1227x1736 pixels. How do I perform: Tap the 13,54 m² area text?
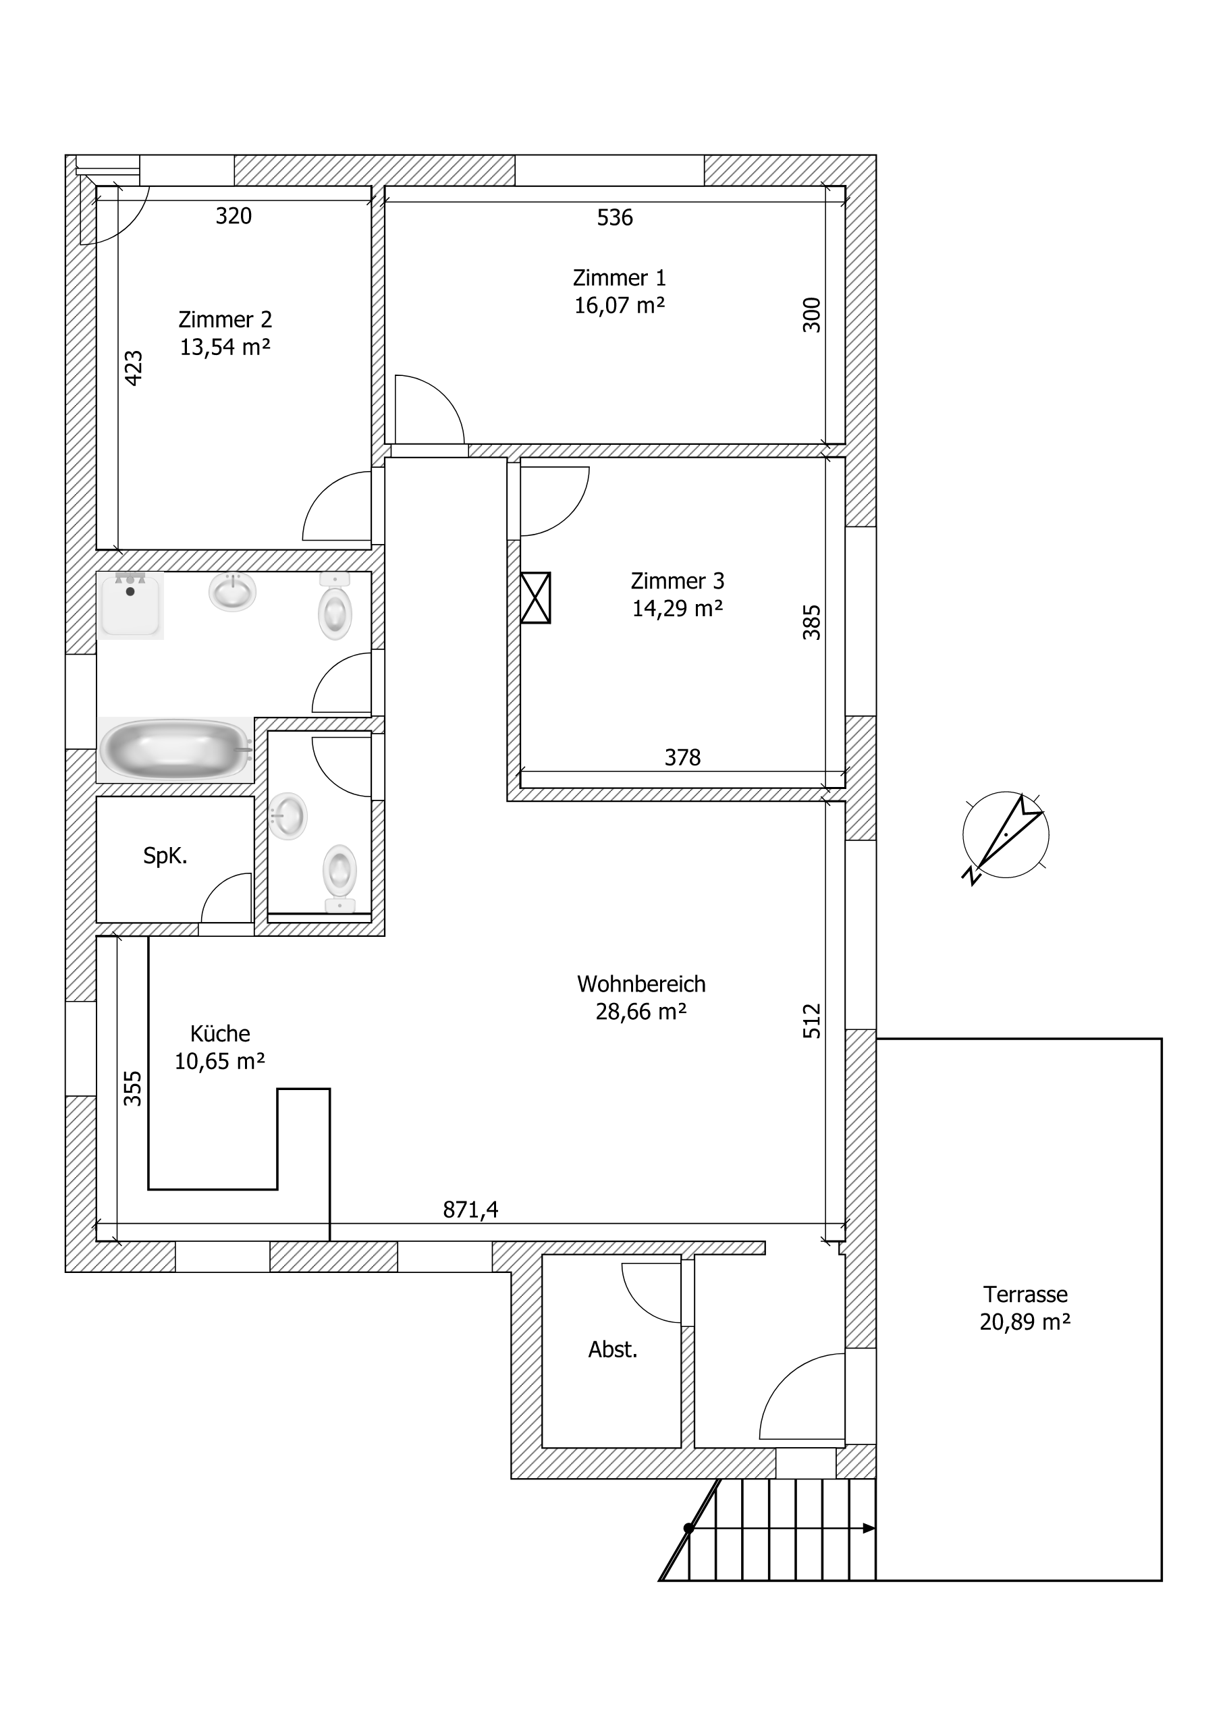click(225, 347)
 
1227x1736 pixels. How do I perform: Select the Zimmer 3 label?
click(678, 581)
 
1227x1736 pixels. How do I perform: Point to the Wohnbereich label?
click(641, 985)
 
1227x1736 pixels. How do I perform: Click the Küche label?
click(220, 1033)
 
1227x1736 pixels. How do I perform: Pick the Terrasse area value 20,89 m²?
click(1025, 1322)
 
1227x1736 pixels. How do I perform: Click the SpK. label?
click(165, 856)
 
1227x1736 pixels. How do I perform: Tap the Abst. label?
click(613, 1350)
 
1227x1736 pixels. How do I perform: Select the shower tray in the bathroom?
click(130, 605)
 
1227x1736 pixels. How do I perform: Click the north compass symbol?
click(1006, 835)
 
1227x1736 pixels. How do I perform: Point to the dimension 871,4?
click(470, 1210)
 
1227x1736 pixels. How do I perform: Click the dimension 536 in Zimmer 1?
click(615, 218)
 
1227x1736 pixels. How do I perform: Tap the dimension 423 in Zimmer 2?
click(133, 369)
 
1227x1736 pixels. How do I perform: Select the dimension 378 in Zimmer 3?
click(682, 757)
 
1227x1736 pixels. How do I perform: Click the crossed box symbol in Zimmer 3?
click(535, 597)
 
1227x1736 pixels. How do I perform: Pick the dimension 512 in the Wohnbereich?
click(811, 1021)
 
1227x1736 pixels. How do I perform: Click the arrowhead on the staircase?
click(869, 1528)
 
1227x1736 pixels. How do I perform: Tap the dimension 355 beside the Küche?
click(133, 1088)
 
